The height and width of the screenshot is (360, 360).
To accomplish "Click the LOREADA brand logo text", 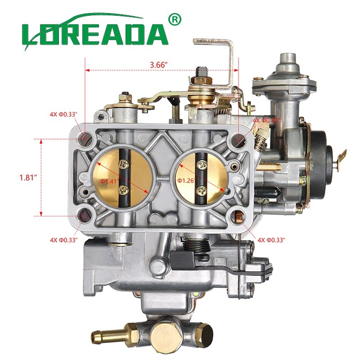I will click(94, 34).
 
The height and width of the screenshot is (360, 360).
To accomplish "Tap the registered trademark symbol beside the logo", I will click(175, 19).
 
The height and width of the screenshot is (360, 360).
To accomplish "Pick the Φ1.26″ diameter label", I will click(186, 180).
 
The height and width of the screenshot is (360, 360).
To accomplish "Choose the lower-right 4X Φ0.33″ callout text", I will click(271, 239).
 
